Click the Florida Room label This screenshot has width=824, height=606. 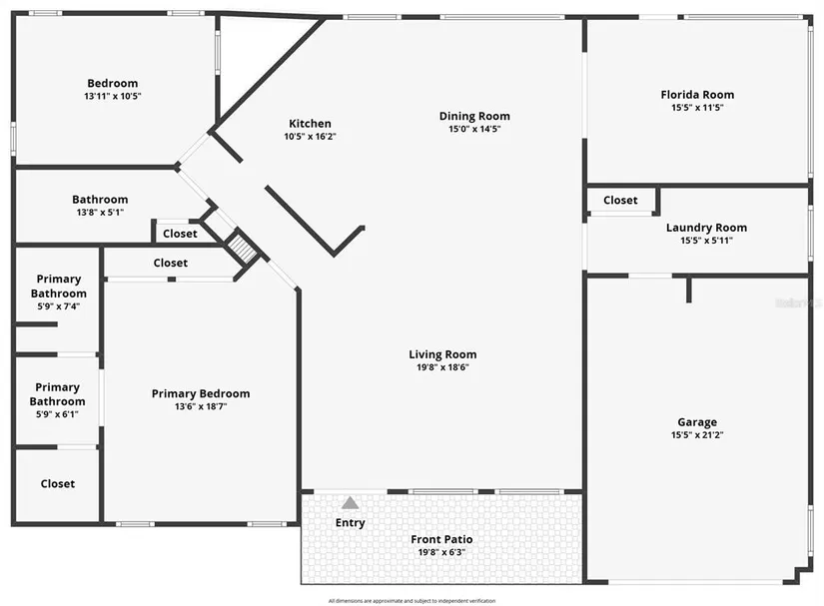point(697,95)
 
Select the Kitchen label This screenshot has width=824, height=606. point(310,124)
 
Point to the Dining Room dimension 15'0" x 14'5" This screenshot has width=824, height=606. point(474,129)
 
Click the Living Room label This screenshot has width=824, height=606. point(442,354)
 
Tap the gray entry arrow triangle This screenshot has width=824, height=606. point(351,503)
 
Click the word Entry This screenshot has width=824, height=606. point(351,522)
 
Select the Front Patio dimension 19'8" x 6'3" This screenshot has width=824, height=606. point(441,552)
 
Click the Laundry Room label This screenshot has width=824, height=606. point(706,228)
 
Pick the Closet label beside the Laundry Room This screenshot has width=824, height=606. point(620,200)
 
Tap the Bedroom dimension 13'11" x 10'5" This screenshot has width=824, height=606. point(112,96)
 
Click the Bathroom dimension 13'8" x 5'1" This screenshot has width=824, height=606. point(100,212)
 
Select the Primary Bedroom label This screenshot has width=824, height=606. point(201,393)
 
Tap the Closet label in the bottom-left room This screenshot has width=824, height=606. point(58,483)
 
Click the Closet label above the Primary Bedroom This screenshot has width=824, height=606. point(170,263)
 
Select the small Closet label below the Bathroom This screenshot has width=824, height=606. point(180,234)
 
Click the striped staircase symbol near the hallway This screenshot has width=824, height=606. point(241,246)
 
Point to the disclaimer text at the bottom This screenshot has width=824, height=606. point(412,600)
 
